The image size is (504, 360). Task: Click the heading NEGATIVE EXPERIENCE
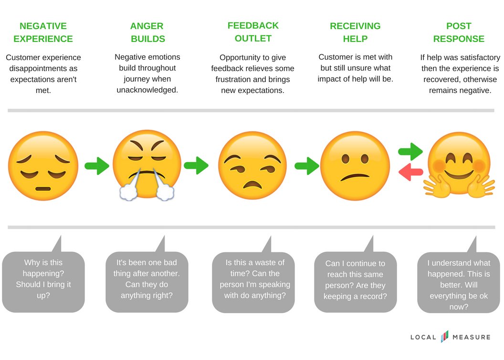pyautogui.click(x=43, y=32)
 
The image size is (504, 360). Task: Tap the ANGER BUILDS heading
pyautogui.click(x=147, y=32)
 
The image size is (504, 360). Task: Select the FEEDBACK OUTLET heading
pyautogui.click(x=253, y=32)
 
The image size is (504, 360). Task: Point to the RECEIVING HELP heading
pyautogui.click(x=355, y=32)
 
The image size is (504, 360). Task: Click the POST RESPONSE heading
pyautogui.click(x=458, y=32)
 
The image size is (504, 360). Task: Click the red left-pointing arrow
pyautogui.click(x=410, y=172)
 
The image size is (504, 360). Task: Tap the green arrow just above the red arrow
pyautogui.click(x=410, y=152)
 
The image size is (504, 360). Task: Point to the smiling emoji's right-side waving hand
pyautogui.click(x=481, y=187)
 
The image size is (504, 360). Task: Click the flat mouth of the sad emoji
pyautogui.click(x=43, y=189)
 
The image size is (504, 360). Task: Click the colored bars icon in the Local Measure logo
pyautogui.click(x=444, y=337)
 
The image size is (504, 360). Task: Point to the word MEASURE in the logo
pyautogui.click(x=471, y=338)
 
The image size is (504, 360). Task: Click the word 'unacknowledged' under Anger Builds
pyautogui.click(x=147, y=90)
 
